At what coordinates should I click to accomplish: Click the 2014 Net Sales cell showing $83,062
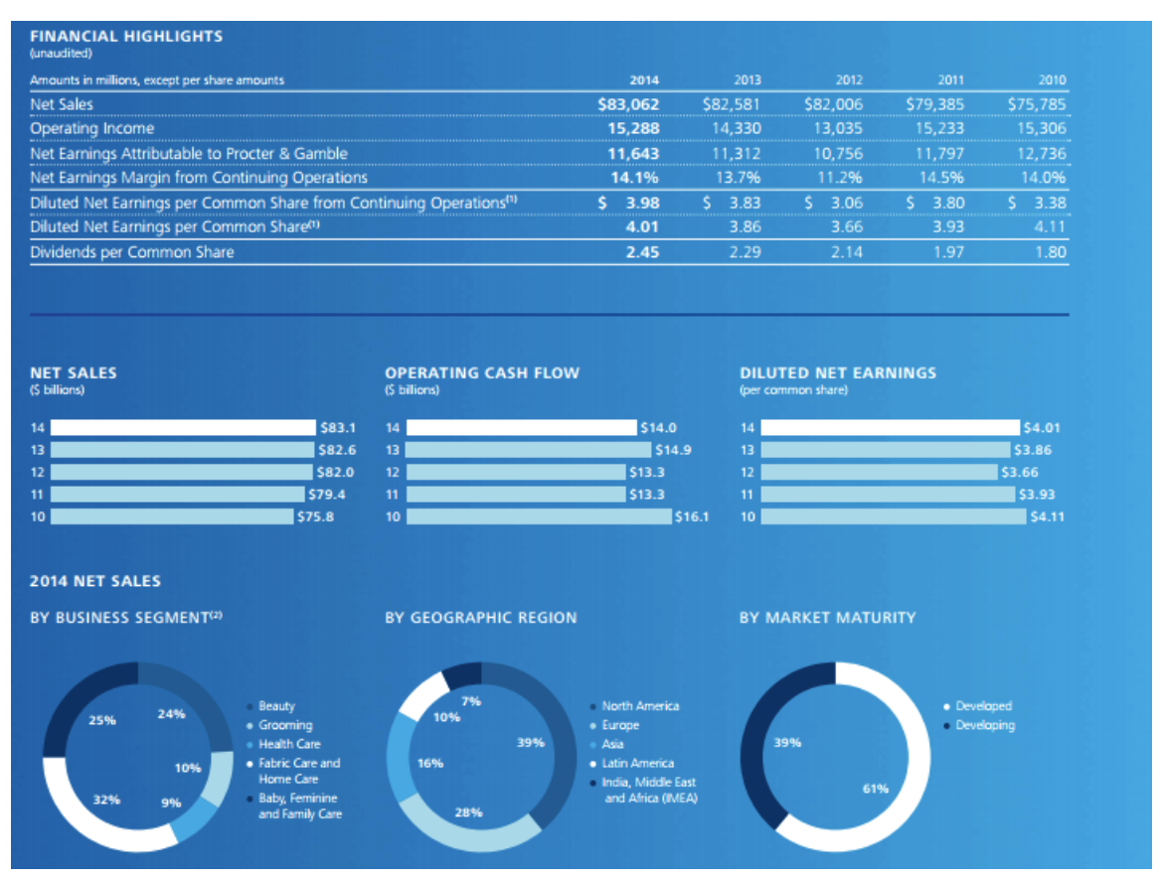(628, 103)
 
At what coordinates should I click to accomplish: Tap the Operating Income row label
(92, 128)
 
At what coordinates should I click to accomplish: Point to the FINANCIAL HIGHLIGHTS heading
(126, 36)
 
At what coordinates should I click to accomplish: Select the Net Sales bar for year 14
(182, 428)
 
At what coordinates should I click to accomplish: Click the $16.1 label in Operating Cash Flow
(692, 516)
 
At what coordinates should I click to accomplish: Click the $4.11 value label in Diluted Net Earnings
(1047, 516)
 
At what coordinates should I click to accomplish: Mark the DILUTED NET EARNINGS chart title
(837, 372)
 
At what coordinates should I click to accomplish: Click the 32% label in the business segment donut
(105, 798)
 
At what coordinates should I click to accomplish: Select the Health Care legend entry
(289, 744)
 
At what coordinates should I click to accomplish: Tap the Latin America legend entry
(637, 763)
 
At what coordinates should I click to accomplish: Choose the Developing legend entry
(985, 725)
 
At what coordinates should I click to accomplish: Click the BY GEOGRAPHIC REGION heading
(480, 618)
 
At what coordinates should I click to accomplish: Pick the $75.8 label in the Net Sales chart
(314, 516)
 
